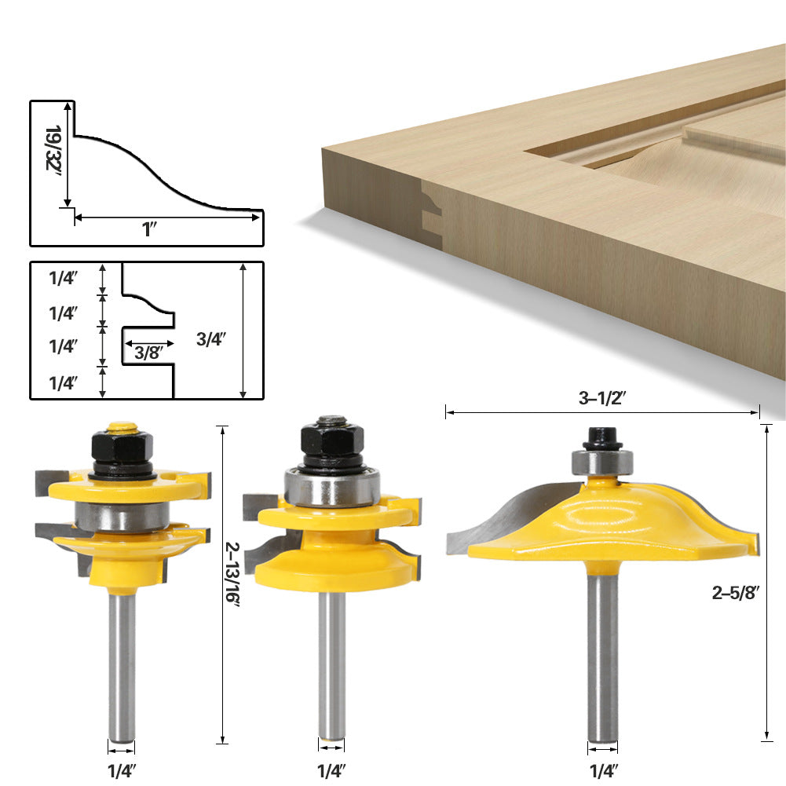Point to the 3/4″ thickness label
[210, 339]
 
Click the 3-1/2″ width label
[601, 398]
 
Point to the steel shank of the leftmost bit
[120, 667]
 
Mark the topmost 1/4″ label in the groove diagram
[63, 277]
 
